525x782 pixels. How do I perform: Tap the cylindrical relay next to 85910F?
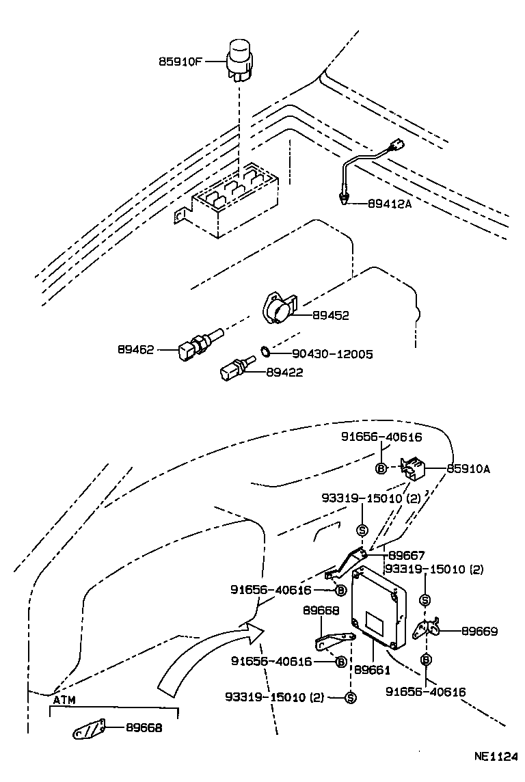240,58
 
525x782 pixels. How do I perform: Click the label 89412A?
390,203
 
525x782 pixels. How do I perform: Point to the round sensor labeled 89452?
278,310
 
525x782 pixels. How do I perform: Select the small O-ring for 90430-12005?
263,353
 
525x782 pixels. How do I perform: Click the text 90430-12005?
332,354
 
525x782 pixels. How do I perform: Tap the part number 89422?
284,373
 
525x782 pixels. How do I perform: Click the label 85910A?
469,469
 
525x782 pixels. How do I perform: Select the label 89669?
479,631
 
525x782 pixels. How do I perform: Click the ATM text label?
64,700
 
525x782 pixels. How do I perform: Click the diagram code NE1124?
496,757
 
